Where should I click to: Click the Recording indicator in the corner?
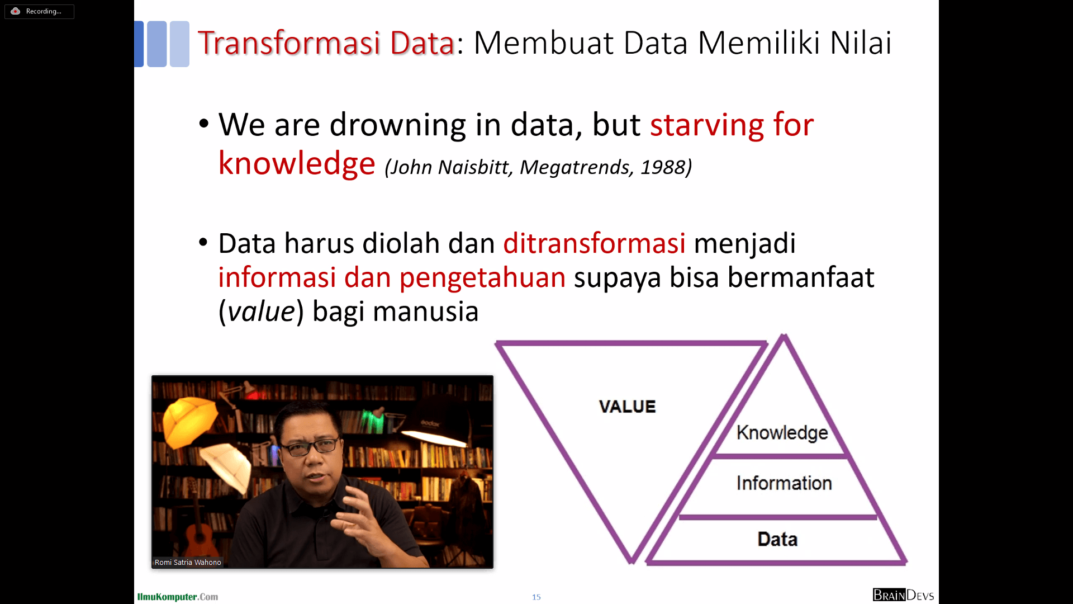tap(39, 11)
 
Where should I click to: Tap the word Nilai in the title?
tap(861, 43)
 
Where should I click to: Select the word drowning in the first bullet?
tap(397, 125)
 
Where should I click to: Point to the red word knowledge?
tap(296, 163)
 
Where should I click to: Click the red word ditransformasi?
tap(594, 244)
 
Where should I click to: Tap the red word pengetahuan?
tap(482, 278)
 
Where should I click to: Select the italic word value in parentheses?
tap(261, 312)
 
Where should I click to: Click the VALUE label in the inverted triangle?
tap(627, 407)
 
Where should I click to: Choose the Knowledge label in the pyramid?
tap(782, 433)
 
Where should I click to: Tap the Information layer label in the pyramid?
tap(784, 483)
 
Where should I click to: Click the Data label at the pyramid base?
tap(777, 539)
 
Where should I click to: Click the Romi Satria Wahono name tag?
tap(188, 563)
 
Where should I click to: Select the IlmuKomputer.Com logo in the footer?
tap(178, 597)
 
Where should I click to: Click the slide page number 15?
tap(536, 597)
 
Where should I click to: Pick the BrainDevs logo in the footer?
tap(903, 595)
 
